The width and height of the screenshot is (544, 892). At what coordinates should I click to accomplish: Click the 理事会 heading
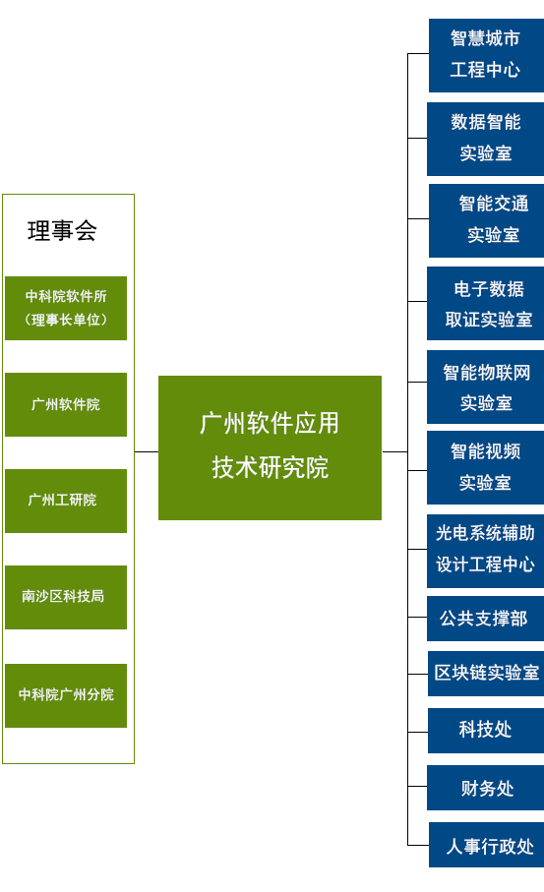coord(62,231)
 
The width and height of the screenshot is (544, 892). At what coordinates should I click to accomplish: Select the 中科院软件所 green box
coord(66,309)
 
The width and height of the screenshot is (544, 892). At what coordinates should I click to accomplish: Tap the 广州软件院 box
coord(66,404)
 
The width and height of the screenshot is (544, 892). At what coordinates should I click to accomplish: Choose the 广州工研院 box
coord(66,501)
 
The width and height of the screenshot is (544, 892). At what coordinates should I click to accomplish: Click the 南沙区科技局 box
coord(66,597)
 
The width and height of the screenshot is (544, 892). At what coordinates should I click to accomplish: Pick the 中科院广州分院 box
coord(66,695)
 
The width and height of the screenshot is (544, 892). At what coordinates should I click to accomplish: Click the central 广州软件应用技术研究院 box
coord(270,447)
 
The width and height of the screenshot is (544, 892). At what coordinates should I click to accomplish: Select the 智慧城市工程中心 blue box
coord(486,55)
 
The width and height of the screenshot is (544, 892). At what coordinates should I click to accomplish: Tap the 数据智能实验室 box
coord(485,139)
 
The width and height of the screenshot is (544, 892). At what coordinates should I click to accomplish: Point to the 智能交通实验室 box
coord(486,220)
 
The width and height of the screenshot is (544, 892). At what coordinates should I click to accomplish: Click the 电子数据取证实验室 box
coord(485,303)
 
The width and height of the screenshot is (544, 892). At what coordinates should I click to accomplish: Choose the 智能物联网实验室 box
coord(485,387)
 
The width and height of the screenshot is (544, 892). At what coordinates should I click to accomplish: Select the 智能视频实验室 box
coord(485,467)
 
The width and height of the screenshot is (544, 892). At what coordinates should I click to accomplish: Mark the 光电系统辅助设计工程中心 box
coord(485,552)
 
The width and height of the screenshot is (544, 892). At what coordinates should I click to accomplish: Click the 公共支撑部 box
coord(485,619)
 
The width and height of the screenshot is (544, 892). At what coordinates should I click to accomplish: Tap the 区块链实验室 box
coord(486,674)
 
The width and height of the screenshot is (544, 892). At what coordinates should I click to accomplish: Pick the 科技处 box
coord(486,731)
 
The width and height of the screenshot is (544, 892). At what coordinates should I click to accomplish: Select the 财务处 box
coord(485,788)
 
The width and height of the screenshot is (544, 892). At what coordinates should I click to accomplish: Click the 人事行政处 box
coord(486,845)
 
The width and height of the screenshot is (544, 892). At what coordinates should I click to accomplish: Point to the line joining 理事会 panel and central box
coord(147,451)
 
